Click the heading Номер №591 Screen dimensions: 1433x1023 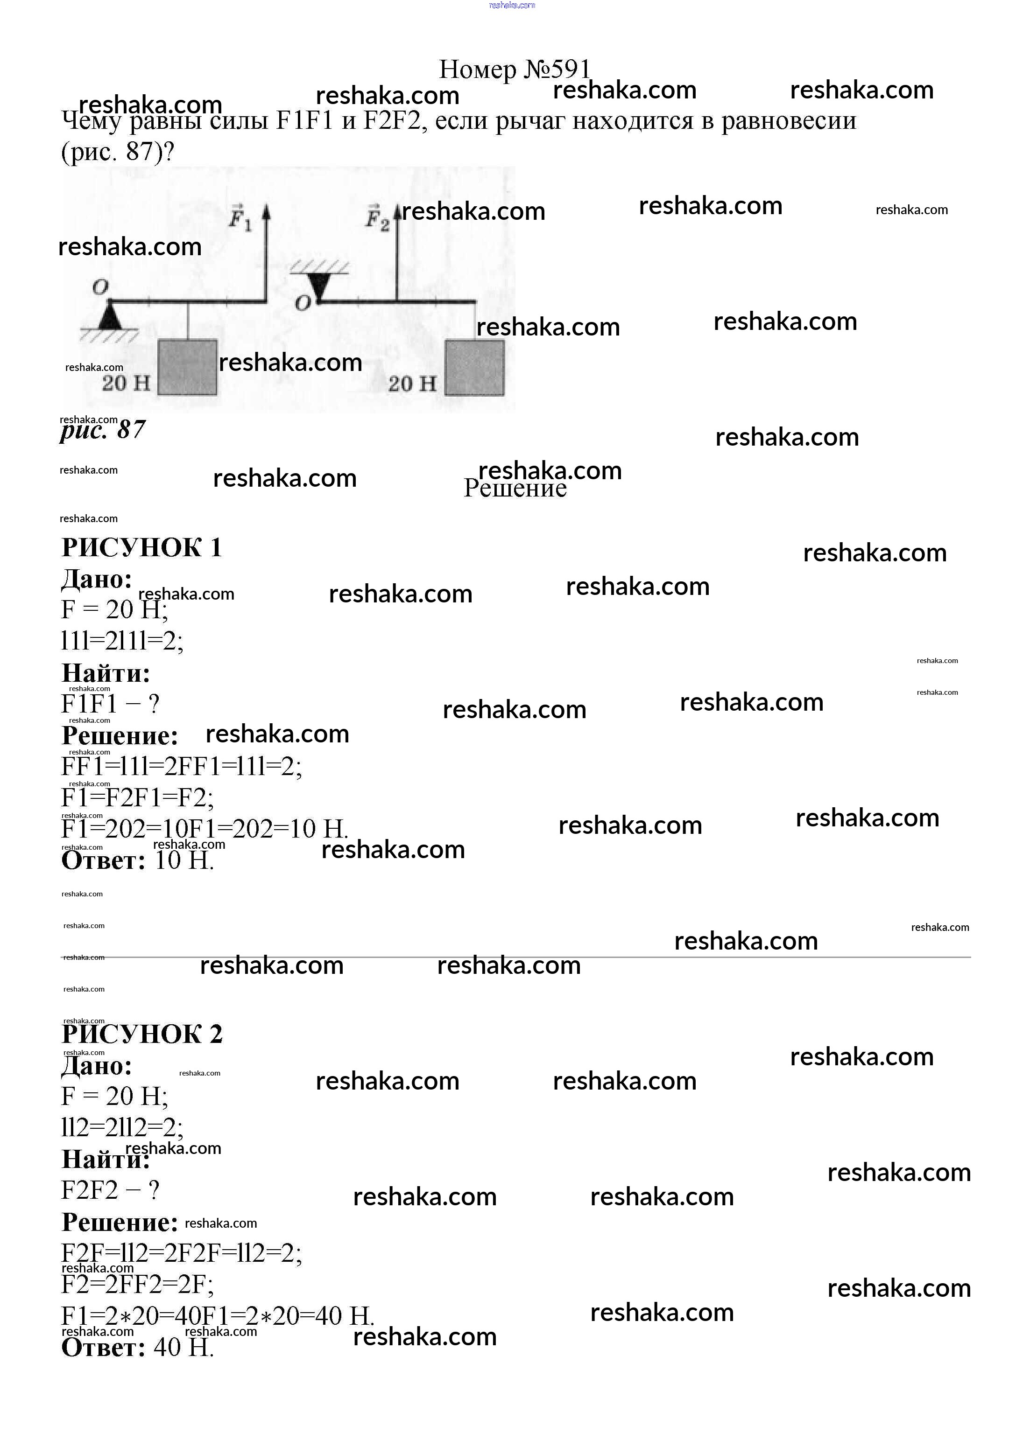(514, 69)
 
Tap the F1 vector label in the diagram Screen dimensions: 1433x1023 (240, 218)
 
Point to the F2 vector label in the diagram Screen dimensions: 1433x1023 (377, 218)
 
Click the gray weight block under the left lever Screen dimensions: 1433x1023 (187, 367)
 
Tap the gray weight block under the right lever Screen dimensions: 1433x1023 (474, 368)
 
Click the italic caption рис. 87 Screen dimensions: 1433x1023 (103, 430)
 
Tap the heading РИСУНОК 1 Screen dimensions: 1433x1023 (142, 547)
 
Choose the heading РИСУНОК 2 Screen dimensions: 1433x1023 (142, 1034)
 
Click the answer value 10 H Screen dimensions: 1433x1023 (184, 860)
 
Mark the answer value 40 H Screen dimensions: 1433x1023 (183, 1347)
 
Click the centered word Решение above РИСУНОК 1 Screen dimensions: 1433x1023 (515, 489)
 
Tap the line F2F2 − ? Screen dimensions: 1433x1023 (110, 1190)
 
